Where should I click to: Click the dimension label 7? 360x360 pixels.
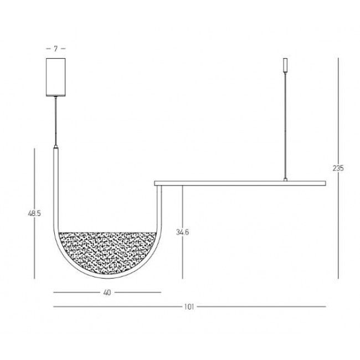[55, 49]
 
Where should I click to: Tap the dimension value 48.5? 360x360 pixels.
[35, 213]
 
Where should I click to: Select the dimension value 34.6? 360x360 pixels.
[183, 233]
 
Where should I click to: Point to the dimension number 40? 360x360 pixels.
[107, 292]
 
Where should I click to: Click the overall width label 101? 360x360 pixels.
[189, 306]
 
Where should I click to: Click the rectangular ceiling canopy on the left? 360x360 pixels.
[55, 77]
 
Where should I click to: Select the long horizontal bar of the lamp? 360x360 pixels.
[238, 182]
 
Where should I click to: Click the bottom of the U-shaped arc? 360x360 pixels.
[107, 280]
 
